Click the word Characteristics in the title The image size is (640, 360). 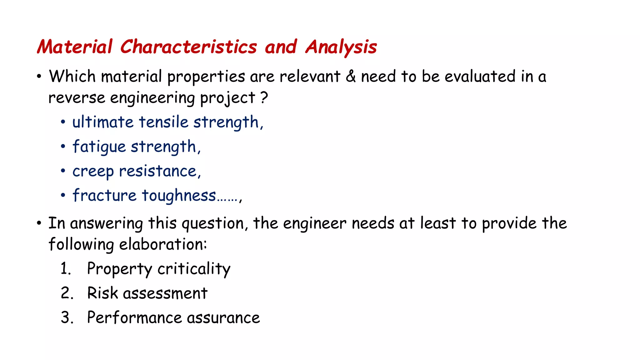coord(188,47)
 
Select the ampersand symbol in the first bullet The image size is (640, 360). coord(351,76)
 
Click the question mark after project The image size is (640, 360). coord(264,97)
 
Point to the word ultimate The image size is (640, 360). coord(103,122)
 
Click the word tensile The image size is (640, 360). coord(163,122)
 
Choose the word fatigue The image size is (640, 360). coord(99,147)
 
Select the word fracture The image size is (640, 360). coord(104,196)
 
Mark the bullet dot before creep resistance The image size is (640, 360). coord(63,171)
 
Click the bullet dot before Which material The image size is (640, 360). coord(39,77)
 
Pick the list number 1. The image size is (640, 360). coord(66,269)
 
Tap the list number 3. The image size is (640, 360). coord(67,317)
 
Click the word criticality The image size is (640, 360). coord(194,269)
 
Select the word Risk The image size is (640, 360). coord(102,293)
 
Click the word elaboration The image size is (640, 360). coord(162,244)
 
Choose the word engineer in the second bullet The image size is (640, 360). coord(314,223)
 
